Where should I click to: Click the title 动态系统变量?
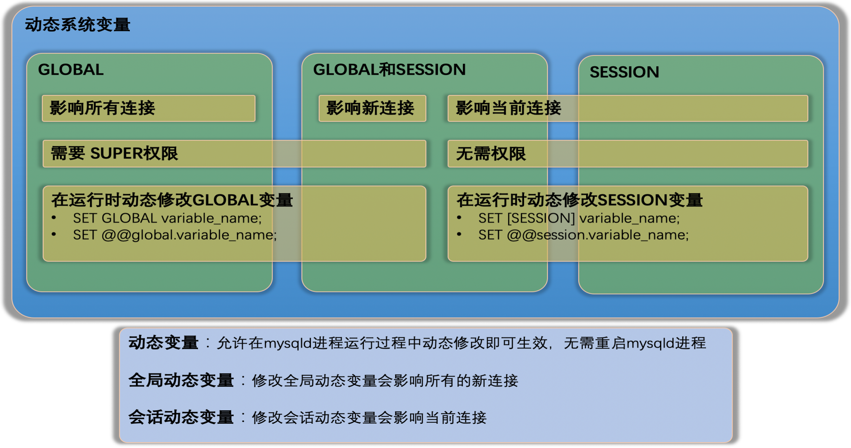pyautogui.click(x=77, y=25)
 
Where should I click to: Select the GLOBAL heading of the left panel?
pyautogui.click(x=71, y=70)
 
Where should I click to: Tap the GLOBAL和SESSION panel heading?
pyautogui.click(x=389, y=70)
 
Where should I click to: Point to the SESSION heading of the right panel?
pyautogui.click(x=624, y=72)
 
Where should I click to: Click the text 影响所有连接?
pyautogui.click(x=102, y=108)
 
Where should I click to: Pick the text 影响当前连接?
pyautogui.click(x=508, y=108)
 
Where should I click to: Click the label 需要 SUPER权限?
pyautogui.click(x=115, y=153)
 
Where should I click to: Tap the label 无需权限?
pyautogui.click(x=491, y=154)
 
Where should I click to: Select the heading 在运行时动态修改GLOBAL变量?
pyautogui.click(x=172, y=200)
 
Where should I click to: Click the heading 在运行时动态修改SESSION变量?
pyautogui.click(x=579, y=200)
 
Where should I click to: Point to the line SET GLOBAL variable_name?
pyautogui.click(x=167, y=218)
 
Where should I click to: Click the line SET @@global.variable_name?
pyautogui.click(x=175, y=235)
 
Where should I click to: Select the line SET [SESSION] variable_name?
pyautogui.click(x=578, y=218)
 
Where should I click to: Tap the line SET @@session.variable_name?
pyautogui.click(x=583, y=235)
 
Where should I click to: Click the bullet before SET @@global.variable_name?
pyautogui.click(x=54, y=234)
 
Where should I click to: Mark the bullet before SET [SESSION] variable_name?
pyautogui.click(x=459, y=218)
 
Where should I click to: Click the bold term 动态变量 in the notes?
pyautogui.click(x=163, y=343)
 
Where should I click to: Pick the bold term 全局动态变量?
pyautogui.click(x=181, y=380)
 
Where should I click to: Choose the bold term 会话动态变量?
pyautogui.click(x=181, y=417)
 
